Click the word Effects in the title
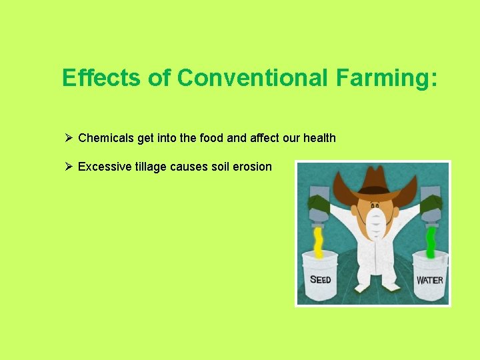pos(102,78)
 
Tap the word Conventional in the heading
pos(253,78)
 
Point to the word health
pos(319,138)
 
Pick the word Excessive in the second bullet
pos(103,167)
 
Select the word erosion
pos(253,167)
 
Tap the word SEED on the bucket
pos(320,279)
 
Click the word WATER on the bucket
pos(429,280)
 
